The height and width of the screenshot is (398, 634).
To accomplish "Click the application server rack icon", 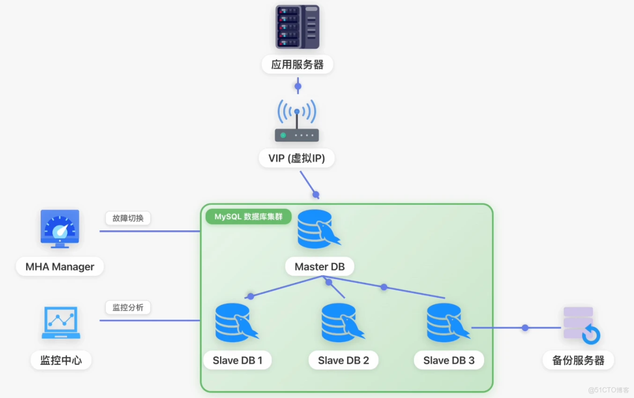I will coord(297,27).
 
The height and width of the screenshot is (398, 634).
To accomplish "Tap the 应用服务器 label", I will coord(297,65).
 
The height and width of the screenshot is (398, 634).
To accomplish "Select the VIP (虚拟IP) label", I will coord(297,159).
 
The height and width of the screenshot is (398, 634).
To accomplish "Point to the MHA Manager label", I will coord(60,267).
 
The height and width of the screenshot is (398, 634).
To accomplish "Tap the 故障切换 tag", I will coord(128,218).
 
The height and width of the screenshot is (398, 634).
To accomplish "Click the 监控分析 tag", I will coord(128,307).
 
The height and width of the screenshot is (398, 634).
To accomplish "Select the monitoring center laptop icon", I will coord(61,323).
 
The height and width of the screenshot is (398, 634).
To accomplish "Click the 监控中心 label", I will coord(61,360).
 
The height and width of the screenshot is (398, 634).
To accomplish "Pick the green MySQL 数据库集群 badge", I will coord(248,217).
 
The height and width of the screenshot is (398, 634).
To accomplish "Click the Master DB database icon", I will coord(318,229).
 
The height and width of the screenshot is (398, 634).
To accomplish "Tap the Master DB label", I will coord(320,267).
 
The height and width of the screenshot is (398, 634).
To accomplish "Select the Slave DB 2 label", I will coord(343,361).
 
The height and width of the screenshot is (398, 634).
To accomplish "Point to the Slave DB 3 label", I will coord(449,361).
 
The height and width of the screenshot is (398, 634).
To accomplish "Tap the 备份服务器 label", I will coord(578,361).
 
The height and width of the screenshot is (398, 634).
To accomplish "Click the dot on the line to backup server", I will coord(525,328).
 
